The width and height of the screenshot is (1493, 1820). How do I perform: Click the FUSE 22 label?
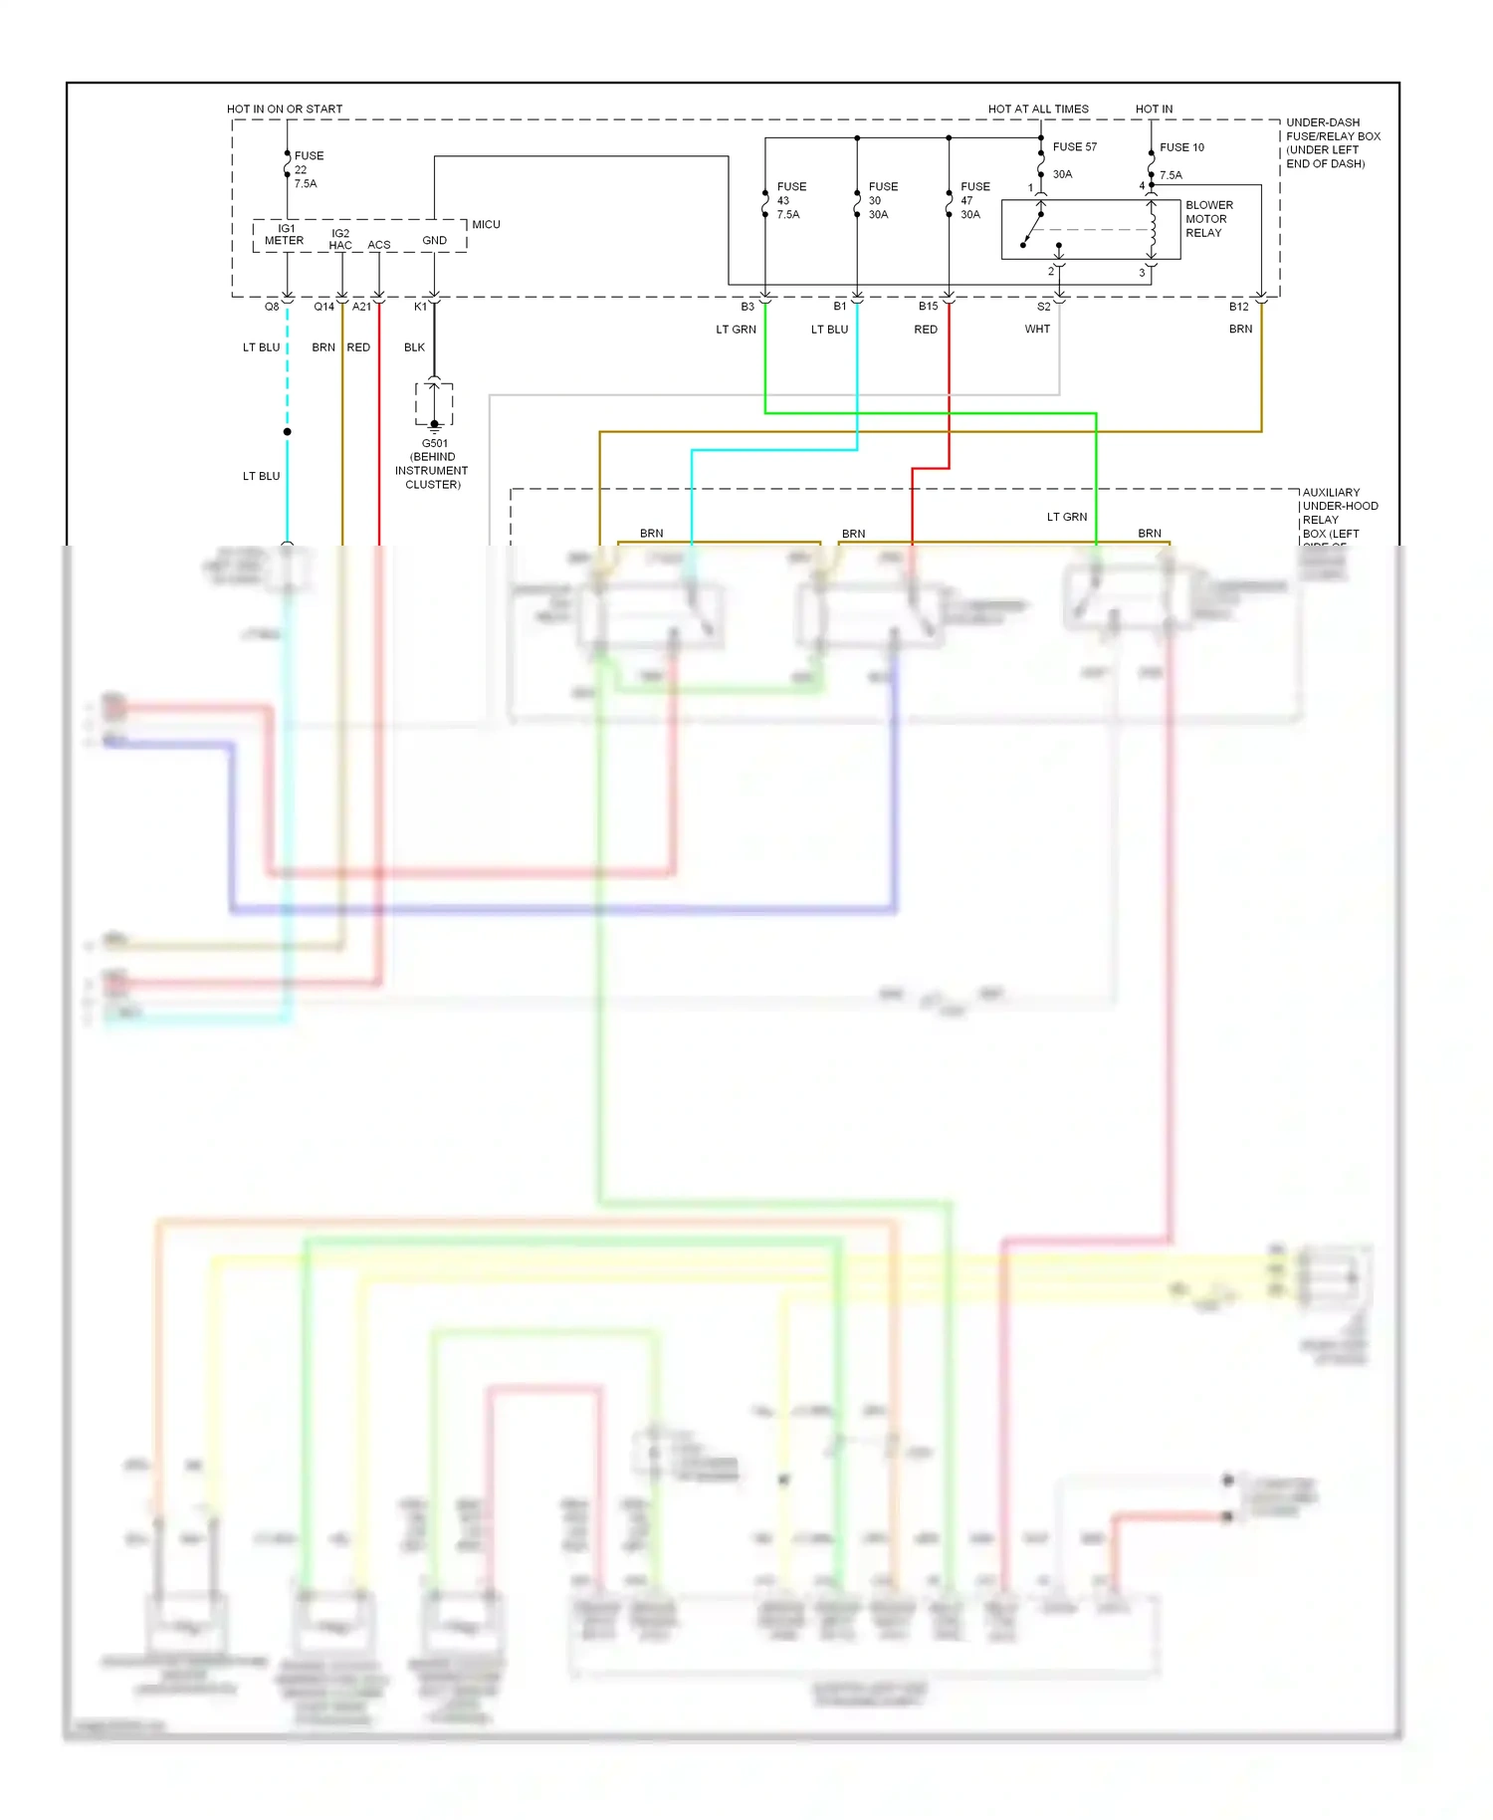click(307, 169)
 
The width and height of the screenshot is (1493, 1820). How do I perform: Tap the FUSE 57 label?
click(1074, 147)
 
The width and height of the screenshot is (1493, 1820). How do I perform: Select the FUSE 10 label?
click(1181, 147)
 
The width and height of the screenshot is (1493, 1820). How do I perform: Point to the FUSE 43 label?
click(790, 200)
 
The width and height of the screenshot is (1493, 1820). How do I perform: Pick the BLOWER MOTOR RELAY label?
click(1208, 219)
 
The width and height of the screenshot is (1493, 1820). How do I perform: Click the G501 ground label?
click(433, 463)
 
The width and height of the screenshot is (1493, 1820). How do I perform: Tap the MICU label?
click(486, 225)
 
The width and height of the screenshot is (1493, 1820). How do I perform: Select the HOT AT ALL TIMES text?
click(1037, 110)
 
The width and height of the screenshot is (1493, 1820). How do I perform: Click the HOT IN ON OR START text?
click(284, 110)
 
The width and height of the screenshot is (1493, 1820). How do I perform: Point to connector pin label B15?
click(928, 307)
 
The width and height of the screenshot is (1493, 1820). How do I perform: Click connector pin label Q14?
click(323, 307)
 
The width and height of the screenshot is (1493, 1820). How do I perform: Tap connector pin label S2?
click(1043, 307)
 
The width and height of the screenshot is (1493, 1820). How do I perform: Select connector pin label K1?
click(420, 307)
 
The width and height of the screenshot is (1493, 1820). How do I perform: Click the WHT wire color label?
click(1037, 330)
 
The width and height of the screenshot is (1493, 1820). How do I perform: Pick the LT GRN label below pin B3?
click(736, 330)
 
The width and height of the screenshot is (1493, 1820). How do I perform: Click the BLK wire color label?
click(414, 347)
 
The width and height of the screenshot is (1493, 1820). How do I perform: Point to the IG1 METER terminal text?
click(285, 235)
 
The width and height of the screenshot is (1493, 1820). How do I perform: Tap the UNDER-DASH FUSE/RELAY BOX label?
click(1332, 143)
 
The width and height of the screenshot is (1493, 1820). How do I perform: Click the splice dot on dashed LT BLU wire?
click(287, 432)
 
